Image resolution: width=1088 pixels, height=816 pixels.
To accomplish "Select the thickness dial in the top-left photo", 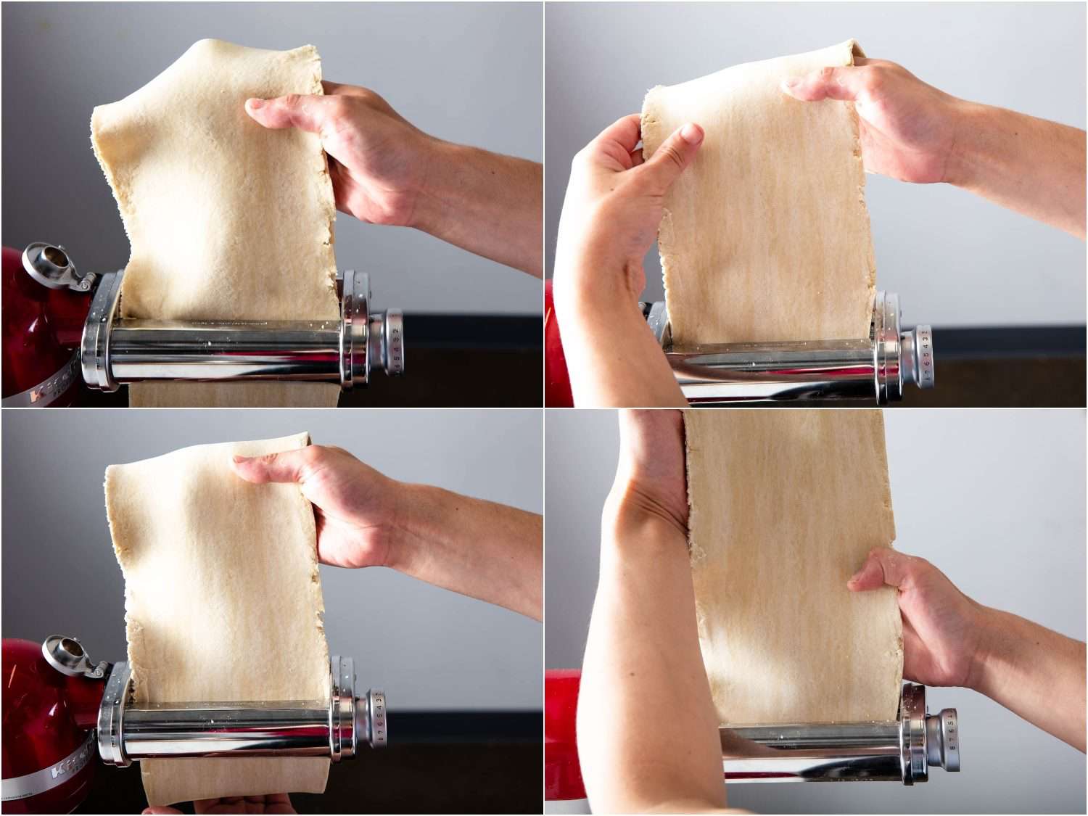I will click(392, 342).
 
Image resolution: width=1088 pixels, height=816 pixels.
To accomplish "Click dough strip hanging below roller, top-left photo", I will click(232, 395).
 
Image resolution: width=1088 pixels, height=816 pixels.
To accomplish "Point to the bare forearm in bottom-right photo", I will click(638, 653).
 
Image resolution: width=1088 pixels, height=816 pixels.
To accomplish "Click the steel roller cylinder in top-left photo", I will click(225, 352).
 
